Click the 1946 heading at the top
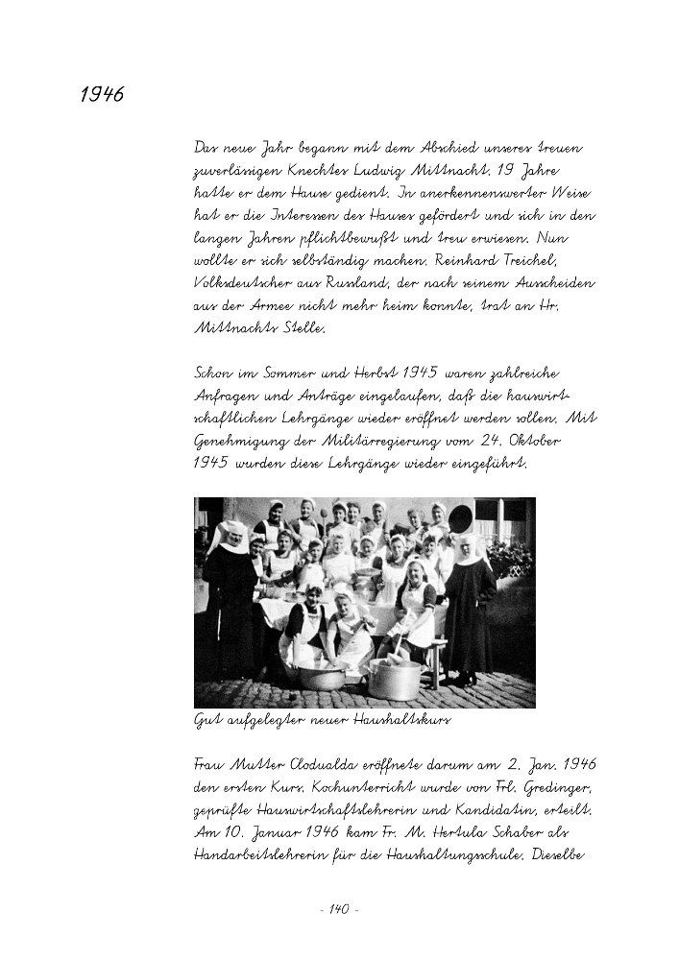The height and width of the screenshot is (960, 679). click(x=101, y=95)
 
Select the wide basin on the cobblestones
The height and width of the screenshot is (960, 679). click(x=322, y=678)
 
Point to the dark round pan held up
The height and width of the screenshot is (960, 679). click(x=462, y=517)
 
